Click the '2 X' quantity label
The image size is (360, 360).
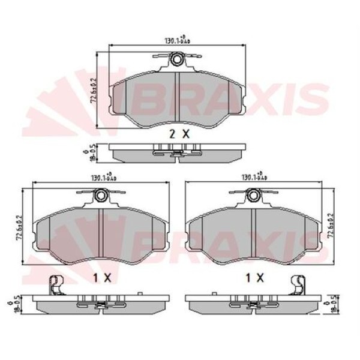[179, 135]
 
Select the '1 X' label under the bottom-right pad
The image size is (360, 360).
[254, 277]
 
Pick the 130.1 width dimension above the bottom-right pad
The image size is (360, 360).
[254, 178]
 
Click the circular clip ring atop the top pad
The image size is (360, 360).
[177, 59]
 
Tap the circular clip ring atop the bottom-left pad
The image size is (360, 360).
[101, 196]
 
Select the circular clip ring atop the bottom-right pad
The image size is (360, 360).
[254, 196]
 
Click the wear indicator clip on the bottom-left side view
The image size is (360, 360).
[55, 285]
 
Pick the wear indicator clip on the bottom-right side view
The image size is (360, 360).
[298, 285]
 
